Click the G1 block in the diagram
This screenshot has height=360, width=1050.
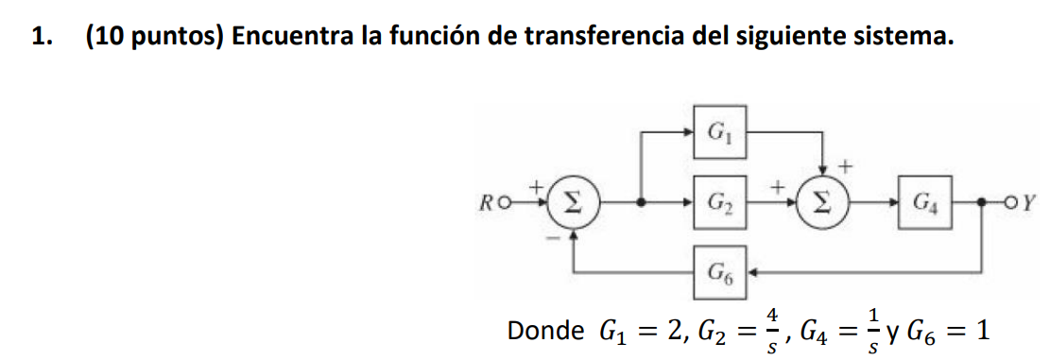(x=719, y=131)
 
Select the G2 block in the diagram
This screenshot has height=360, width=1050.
(x=719, y=201)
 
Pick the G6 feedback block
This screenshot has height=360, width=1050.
(x=719, y=273)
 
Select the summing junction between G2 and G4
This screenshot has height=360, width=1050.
(x=821, y=201)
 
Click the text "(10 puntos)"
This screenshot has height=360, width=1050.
(x=152, y=37)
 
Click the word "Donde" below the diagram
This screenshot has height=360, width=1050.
(x=545, y=332)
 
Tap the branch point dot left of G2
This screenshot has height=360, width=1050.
(x=643, y=201)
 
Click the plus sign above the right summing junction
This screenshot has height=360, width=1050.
(x=846, y=165)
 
